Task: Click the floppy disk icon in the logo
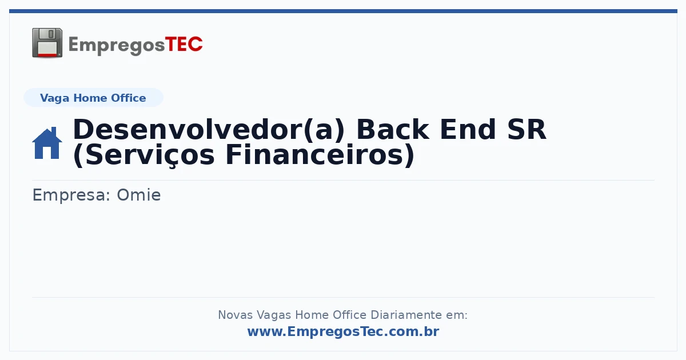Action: coord(47,43)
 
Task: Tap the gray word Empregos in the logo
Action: coord(117,45)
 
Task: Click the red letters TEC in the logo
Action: coord(184,44)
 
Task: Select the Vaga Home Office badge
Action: coord(93,98)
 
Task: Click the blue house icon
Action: coord(47,143)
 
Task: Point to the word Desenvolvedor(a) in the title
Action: coord(209,130)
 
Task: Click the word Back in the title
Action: coord(393,130)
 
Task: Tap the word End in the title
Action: coord(468,130)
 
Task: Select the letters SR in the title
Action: coord(527,130)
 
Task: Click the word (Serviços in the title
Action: coord(143,155)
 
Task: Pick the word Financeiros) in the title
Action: coord(320,155)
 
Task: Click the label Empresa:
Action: coord(71,195)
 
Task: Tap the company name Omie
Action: coord(139,195)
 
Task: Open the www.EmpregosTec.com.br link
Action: coord(343,331)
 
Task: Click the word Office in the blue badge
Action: coord(128,98)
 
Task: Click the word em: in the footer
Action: coord(457,315)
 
